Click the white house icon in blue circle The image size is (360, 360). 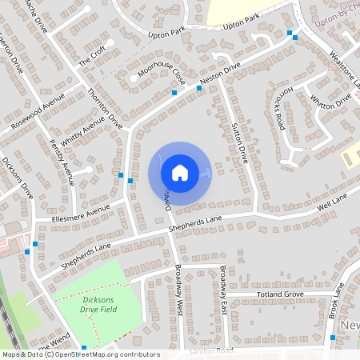(179, 172)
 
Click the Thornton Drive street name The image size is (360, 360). (105, 108)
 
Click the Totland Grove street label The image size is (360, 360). (281, 294)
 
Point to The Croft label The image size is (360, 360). (92, 56)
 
